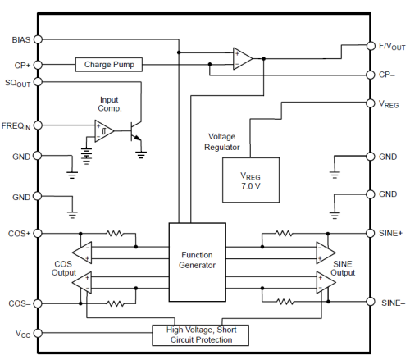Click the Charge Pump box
tap(109, 65)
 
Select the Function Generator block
tap(197, 262)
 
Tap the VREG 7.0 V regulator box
tap(251, 180)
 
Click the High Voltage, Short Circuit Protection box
tap(200, 335)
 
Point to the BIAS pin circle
tap(38, 39)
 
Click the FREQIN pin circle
tap(38, 125)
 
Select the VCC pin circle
tap(38, 333)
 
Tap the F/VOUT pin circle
tap(371, 46)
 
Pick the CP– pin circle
tap(371, 75)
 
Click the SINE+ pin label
tap(390, 233)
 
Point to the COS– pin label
tap(19, 303)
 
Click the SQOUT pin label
tap(17, 83)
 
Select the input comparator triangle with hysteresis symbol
tap(104, 131)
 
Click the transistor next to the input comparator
tap(135, 131)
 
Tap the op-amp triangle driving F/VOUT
tap(243, 58)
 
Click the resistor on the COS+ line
tap(115, 234)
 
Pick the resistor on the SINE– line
tap(285, 302)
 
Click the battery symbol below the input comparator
tap(86, 157)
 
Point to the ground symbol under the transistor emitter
tap(141, 155)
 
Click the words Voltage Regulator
tap(222, 142)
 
